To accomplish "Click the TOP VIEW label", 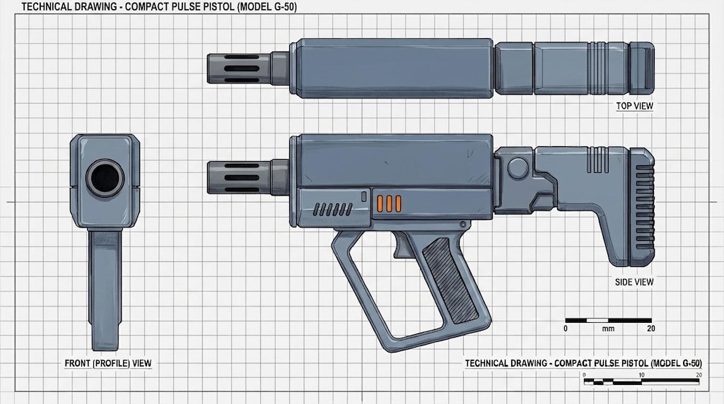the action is (634, 106).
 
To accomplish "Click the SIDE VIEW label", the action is (634, 282).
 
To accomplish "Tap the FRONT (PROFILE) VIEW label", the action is (108, 364).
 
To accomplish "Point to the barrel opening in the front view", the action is (105, 178).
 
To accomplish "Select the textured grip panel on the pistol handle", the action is (450, 280).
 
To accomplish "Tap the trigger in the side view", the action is (402, 245).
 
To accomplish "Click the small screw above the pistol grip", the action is (462, 224).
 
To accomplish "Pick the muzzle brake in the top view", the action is (239, 69).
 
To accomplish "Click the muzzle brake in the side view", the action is (239, 177).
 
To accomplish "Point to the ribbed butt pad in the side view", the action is (642, 207).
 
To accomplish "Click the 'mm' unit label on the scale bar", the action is (608, 329).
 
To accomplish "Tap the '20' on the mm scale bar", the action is (651, 329).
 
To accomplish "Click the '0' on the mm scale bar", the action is (566, 329).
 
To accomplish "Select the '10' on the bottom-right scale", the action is (641, 375).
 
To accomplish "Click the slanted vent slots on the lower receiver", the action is (332, 210).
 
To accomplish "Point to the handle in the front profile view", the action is (105, 290).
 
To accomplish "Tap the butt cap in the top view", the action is (642, 66).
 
